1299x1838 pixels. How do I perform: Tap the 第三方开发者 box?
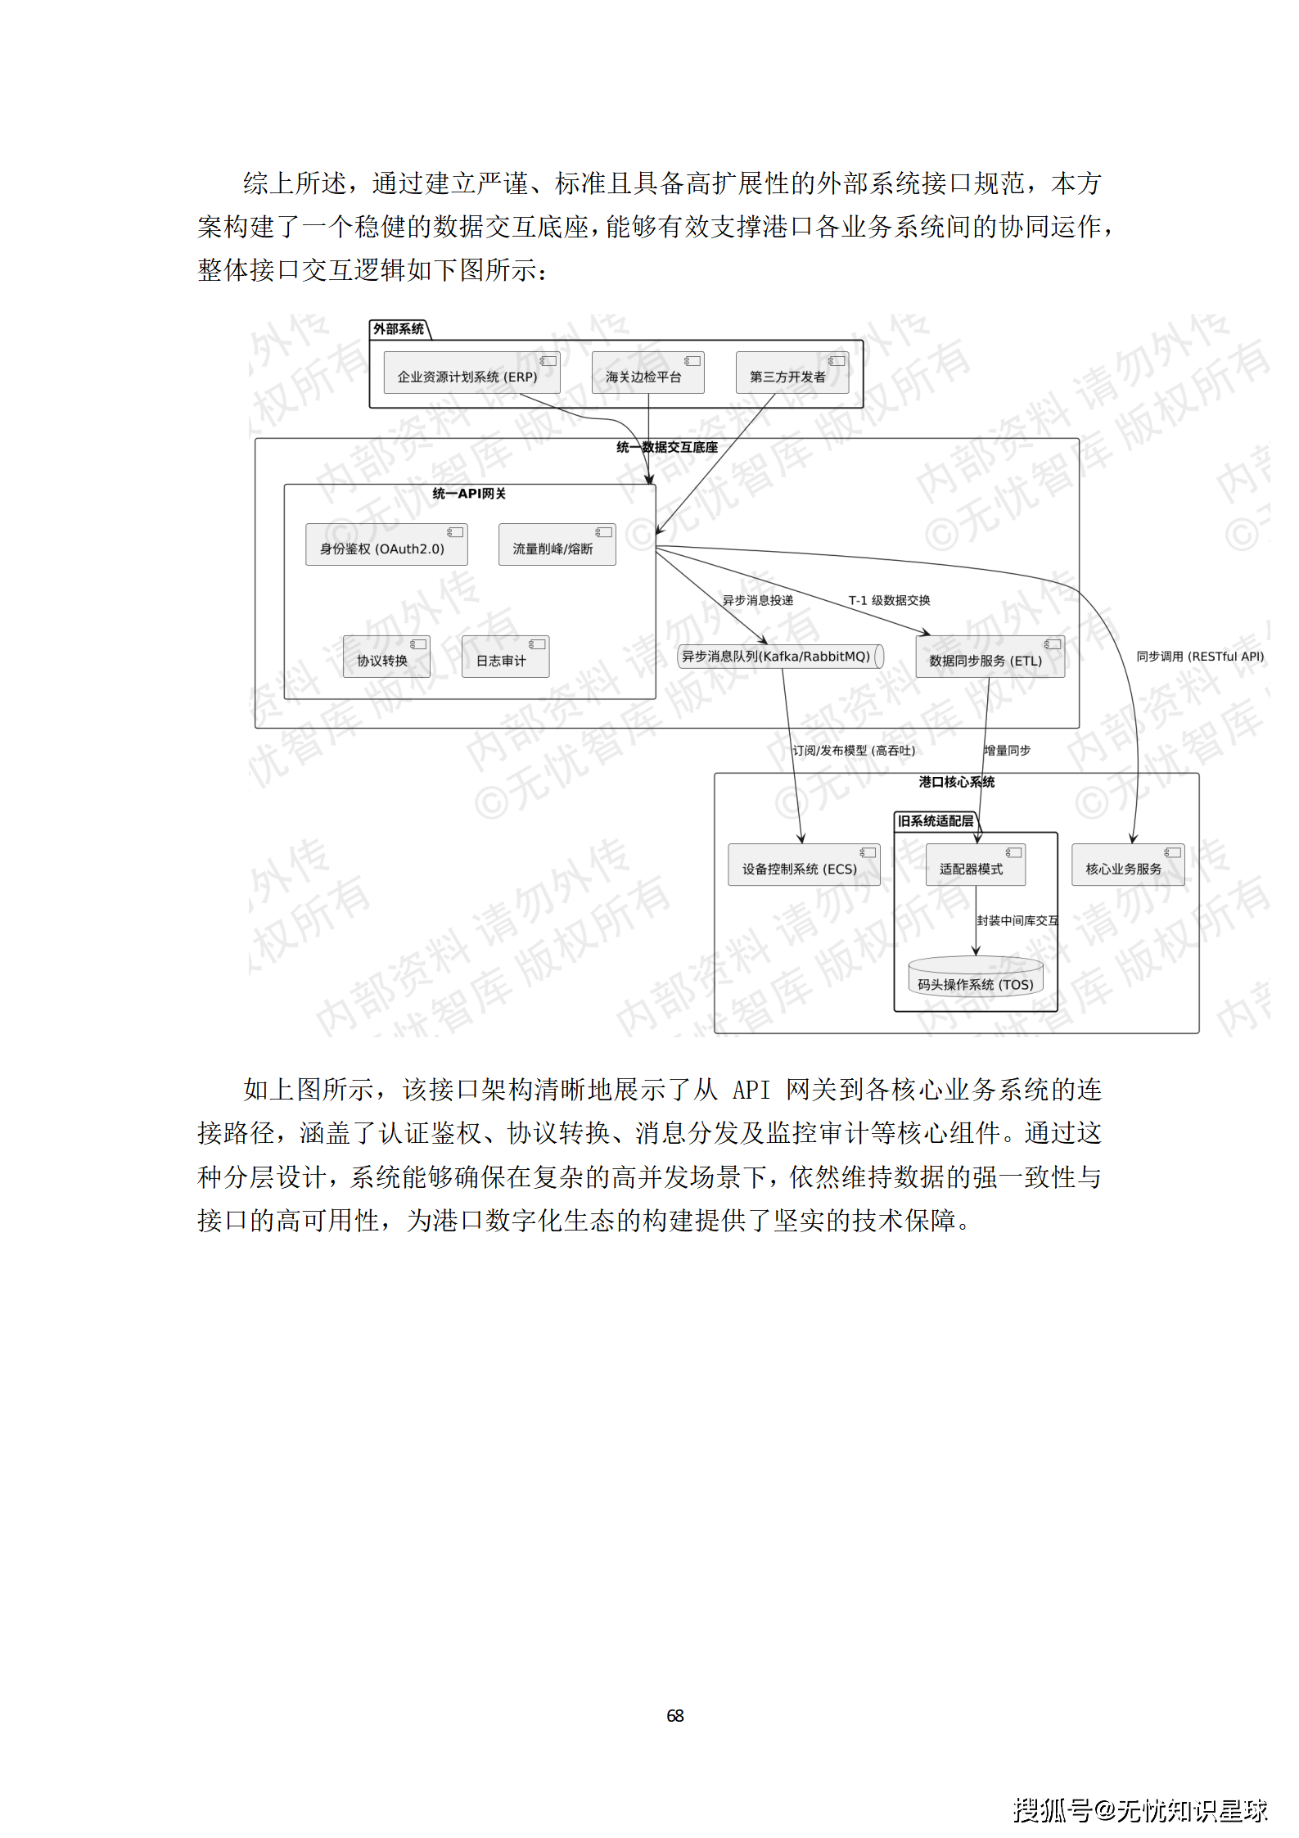[x=792, y=373]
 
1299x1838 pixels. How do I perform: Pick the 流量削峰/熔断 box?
[x=557, y=545]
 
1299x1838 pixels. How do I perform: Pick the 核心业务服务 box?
[x=1127, y=865]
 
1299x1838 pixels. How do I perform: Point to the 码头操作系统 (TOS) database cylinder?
[x=975, y=978]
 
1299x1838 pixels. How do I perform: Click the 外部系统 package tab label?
[x=399, y=329]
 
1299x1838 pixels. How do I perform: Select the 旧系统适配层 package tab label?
[x=935, y=821]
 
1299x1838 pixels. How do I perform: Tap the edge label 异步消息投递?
[x=758, y=600]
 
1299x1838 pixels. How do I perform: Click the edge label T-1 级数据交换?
[x=889, y=600]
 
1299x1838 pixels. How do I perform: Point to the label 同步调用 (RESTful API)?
[x=1199, y=657]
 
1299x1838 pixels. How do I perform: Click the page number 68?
[x=674, y=1715]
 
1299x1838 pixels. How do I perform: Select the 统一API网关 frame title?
[x=469, y=494]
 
